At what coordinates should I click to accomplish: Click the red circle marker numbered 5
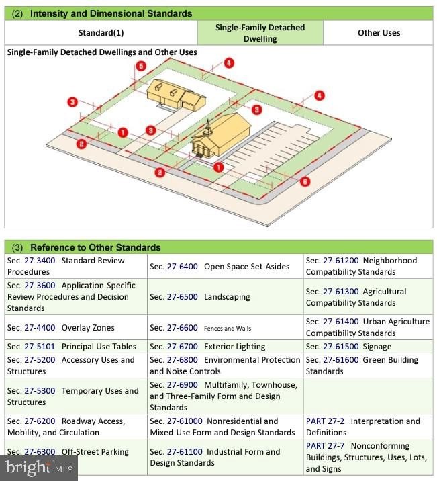pyautogui.click(x=140, y=66)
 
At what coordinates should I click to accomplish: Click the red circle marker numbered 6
pyautogui.click(x=305, y=181)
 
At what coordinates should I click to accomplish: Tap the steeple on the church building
pyautogui.click(x=209, y=127)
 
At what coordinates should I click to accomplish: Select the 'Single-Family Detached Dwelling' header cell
pyautogui.click(x=260, y=33)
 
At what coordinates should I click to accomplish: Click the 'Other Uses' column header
pyautogui.click(x=379, y=33)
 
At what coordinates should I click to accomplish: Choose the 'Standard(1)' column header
pyautogui.click(x=101, y=33)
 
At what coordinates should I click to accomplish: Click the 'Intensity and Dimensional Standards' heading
pyautogui.click(x=111, y=13)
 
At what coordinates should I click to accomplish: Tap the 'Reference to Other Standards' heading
pyautogui.click(x=95, y=247)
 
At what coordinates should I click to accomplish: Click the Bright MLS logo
pyautogui.click(x=39, y=468)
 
